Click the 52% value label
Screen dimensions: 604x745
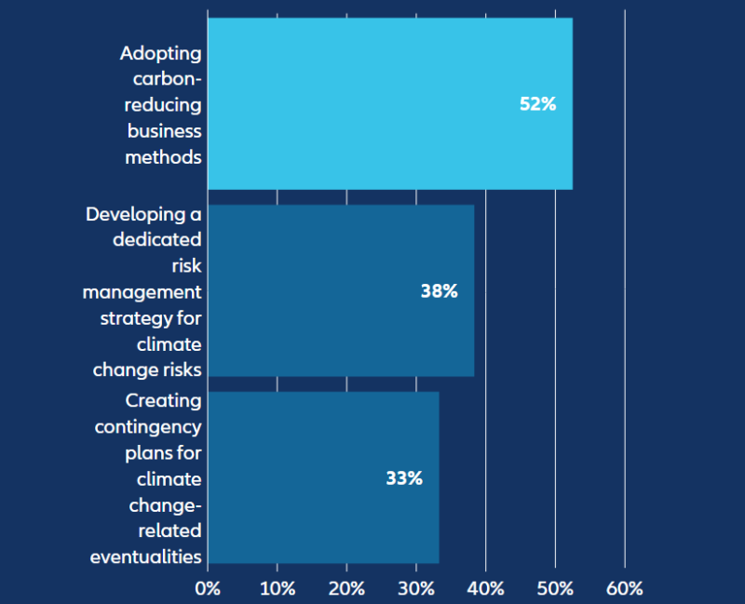(x=537, y=104)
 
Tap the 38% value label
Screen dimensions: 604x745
(x=439, y=291)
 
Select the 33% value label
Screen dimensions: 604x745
(x=404, y=478)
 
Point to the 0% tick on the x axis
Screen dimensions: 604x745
(x=208, y=588)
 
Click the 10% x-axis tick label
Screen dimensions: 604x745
(x=278, y=588)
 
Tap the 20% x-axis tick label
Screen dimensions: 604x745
(x=346, y=588)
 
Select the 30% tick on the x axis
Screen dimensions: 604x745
(x=416, y=588)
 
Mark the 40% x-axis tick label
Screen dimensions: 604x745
(x=486, y=588)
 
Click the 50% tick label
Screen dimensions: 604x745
(x=555, y=588)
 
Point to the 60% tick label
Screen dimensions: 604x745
(x=625, y=588)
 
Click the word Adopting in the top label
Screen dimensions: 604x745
(x=160, y=54)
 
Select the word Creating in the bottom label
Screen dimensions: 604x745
(x=163, y=400)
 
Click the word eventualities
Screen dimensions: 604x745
(x=145, y=557)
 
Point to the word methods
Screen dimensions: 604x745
(x=163, y=157)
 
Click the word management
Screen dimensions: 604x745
(x=142, y=292)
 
